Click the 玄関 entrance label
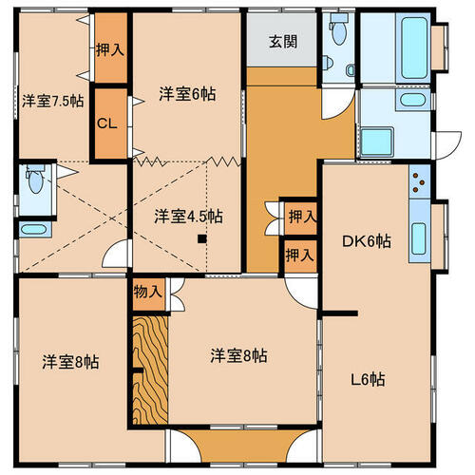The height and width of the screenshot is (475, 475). click(x=283, y=42)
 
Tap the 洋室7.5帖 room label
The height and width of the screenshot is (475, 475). click(x=53, y=102)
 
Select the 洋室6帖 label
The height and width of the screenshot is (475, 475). click(x=187, y=94)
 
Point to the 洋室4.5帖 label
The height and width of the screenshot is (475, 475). click(x=188, y=217)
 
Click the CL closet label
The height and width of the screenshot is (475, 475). click(x=107, y=123)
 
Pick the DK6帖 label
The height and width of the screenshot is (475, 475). click(x=367, y=241)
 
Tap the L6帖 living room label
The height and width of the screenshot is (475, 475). click(x=368, y=379)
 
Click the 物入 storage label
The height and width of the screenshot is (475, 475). click(x=148, y=292)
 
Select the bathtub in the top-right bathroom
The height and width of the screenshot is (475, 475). click(x=414, y=47)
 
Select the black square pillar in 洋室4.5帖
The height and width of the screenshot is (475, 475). click(x=202, y=238)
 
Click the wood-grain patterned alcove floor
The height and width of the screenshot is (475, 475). click(x=150, y=370)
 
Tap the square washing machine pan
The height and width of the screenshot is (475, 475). click(x=377, y=142)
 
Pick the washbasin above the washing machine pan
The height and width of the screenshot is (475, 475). click(x=412, y=100)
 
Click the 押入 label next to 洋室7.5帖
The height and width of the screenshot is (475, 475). click(x=110, y=49)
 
